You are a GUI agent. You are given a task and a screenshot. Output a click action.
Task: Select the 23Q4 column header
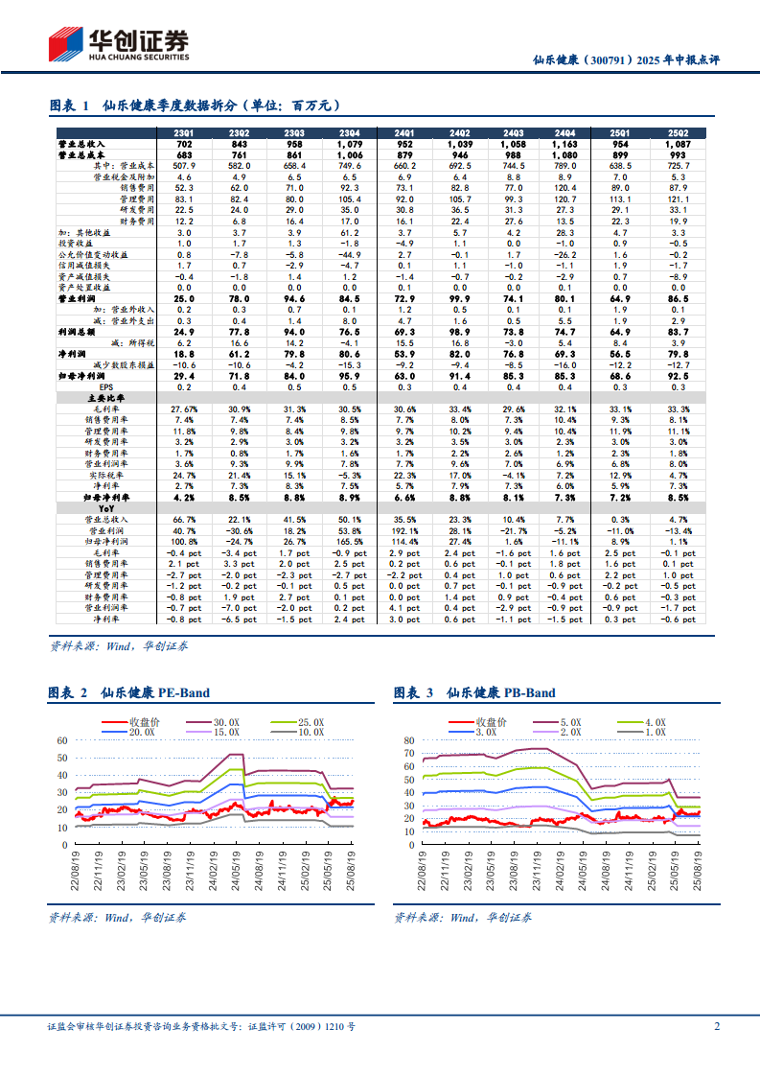pos(351,133)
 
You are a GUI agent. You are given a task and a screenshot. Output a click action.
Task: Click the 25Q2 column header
pos(678,133)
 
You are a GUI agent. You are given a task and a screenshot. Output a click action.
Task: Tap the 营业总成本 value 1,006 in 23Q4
pos(351,154)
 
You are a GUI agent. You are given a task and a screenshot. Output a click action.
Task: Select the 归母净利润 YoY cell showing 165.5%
pos(351,541)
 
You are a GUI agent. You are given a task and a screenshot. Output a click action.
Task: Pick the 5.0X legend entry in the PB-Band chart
pos(576,722)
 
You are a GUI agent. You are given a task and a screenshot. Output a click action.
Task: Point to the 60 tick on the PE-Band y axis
pos(61,740)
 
